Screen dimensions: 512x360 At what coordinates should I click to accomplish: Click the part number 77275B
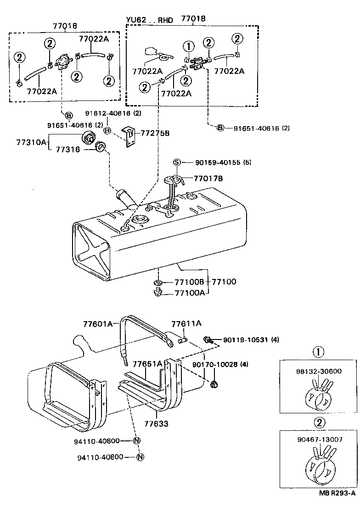(x=155, y=133)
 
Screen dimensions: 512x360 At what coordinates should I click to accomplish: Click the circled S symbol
(x=176, y=162)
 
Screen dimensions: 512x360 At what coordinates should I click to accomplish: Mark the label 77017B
(x=208, y=178)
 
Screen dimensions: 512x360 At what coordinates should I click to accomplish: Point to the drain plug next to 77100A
(x=157, y=293)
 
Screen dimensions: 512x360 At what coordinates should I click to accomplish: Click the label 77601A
(x=98, y=324)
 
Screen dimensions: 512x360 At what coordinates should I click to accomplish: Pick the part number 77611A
(x=186, y=323)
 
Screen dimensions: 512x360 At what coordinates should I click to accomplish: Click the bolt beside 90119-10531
(x=207, y=339)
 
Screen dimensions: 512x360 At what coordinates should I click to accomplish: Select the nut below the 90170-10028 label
(x=214, y=384)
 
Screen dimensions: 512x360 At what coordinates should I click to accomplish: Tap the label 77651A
(x=147, y=364)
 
